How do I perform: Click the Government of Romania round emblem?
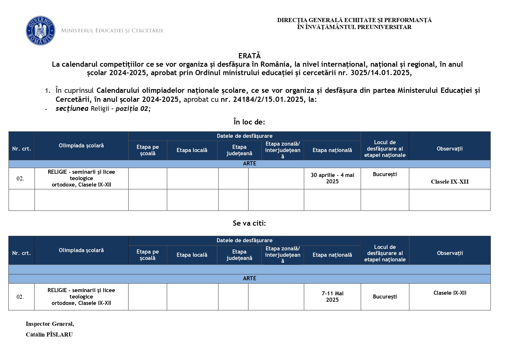(40, 30)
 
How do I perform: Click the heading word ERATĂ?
(249, 56)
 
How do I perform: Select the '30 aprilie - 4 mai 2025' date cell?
(332, 178)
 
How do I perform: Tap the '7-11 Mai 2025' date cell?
(332, 296)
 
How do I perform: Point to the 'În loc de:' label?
(249, 122)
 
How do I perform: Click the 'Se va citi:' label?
(249, 223)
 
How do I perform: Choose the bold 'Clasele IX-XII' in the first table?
(450, 182)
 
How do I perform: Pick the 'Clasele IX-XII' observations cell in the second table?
(450, 293)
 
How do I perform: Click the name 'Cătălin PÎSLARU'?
(49, 334)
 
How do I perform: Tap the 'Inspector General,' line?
(50, 324)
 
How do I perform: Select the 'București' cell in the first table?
(385, 174)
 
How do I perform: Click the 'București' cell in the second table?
(385, 297)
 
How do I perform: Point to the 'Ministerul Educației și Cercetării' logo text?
(112, 30)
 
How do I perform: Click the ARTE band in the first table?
(249, 164)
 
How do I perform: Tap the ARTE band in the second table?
(249, 278)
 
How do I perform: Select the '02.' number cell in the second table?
(20, 297)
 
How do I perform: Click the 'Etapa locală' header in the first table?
(192, 150)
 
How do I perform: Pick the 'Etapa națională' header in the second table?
(332, 255)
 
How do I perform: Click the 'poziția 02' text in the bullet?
(132, 109)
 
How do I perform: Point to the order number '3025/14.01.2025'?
(381, 73)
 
